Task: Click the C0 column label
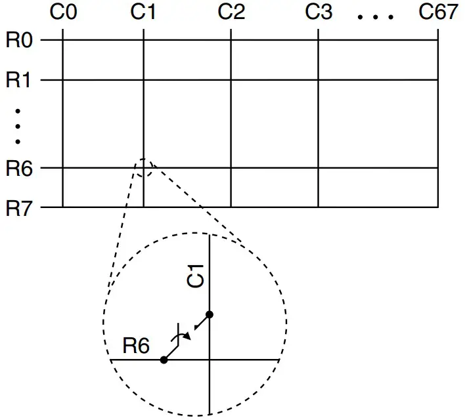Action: click(61, 13)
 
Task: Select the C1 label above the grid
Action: click(143, 13)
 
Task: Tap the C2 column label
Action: click(231, 13)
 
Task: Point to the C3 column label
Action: click(319, 13)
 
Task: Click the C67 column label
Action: click(438, 13)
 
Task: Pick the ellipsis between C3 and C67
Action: click(375, 16)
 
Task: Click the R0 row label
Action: click(19, 40)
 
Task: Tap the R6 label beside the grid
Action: click(19, 168)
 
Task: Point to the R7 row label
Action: click(19, 208)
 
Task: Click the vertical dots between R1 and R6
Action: click(18, 125)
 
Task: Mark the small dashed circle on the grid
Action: click(144, 168)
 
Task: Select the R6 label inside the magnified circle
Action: click(137, 345)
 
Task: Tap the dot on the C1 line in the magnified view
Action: click(210, 315)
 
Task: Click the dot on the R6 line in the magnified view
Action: click(164, 360)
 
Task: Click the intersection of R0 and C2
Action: click(231, 40)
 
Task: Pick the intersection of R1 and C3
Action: click(319, 80)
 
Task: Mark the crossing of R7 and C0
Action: click(62, 207)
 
